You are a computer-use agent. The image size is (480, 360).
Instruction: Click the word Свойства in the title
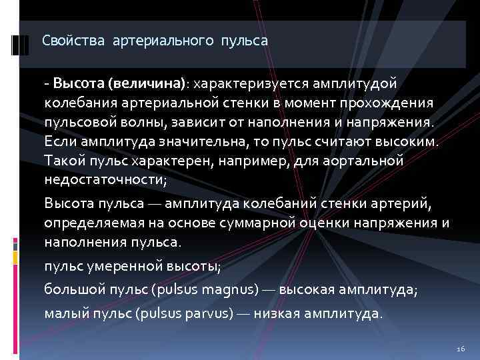click(x=65, y=41)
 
